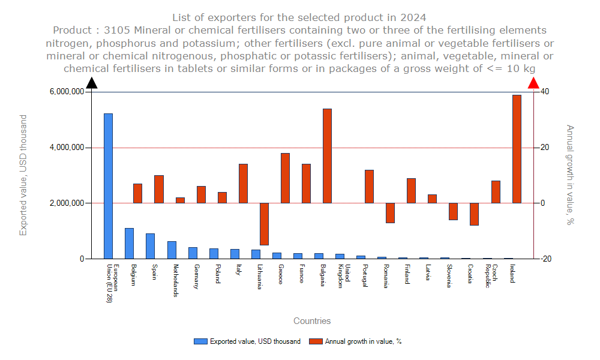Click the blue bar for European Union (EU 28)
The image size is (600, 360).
pos(108,186)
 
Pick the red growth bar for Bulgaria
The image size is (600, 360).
pos(327,156)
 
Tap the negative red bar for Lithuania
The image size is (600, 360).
pos(264,224)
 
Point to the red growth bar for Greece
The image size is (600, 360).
pos(285,178)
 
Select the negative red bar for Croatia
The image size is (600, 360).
pos(474,214)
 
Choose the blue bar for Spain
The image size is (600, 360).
pos(150,246)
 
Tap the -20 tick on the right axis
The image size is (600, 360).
pos(546,259)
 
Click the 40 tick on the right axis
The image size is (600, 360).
pos(545,92)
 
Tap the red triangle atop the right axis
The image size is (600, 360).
pos(533,83)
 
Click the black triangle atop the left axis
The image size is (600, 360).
pos(92,83)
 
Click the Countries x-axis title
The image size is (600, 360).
pos(312,321)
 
